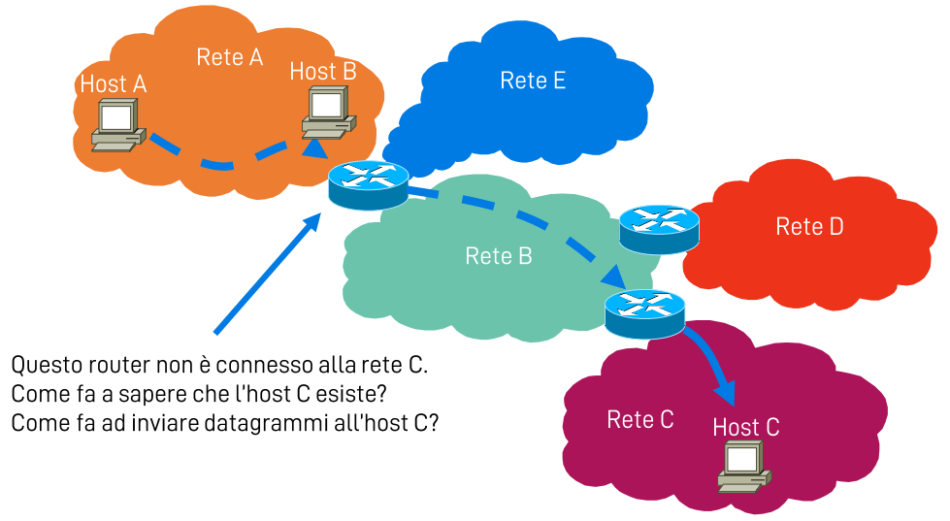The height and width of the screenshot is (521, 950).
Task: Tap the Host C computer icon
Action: point(743,467)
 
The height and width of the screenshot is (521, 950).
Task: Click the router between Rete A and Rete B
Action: point(368,184)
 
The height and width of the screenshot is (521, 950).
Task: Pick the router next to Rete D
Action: point(659,228)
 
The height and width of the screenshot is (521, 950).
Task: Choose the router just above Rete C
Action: point(644,312)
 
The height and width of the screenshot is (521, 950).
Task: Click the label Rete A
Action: point(230,57)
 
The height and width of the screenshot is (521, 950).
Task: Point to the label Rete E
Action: point(533,81)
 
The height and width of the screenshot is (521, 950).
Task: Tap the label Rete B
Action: point(499,256)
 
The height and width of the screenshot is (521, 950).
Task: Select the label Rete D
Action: point(809,227)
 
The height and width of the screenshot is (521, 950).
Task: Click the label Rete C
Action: point(640,419)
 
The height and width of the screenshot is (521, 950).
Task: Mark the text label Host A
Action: point(114,84)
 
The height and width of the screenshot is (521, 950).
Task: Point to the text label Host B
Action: point(323,71)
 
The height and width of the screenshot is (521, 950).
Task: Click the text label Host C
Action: point(745,427)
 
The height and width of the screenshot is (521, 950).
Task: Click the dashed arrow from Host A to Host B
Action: point(223,161)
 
